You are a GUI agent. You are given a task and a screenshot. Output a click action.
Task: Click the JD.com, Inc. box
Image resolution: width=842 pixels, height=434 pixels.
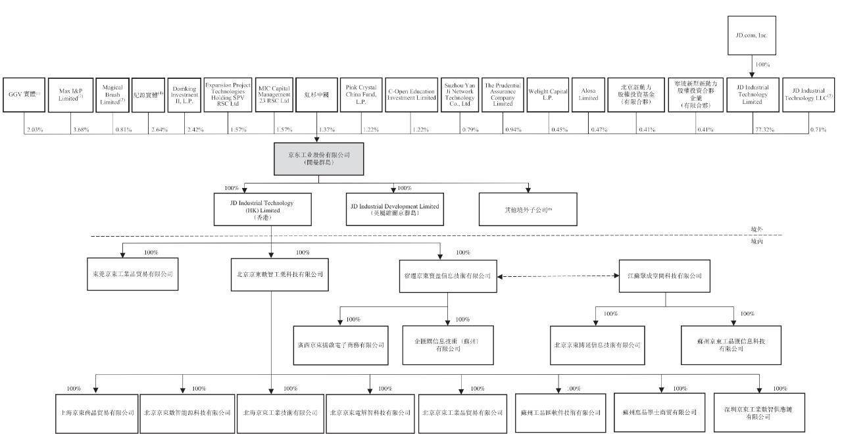click(x=752, y=35)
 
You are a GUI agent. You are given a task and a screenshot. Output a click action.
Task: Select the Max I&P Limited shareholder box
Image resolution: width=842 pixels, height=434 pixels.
click(x=70, y=94)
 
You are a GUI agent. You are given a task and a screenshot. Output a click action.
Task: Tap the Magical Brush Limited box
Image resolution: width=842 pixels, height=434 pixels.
click(x=112, y=94)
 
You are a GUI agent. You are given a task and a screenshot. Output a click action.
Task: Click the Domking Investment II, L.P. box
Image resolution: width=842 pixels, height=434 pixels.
click(x=184, y=94)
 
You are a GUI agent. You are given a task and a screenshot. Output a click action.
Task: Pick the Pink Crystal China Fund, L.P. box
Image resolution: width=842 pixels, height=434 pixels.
click(x=361, y=94)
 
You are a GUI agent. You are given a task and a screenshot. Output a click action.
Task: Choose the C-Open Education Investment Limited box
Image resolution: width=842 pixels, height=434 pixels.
click(x=411, y=94)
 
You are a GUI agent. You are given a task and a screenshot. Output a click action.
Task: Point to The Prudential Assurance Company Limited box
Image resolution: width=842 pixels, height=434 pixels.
click(x=503, y=94)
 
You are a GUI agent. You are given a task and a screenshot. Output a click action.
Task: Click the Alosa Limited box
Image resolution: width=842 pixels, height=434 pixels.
click(x=588, y=94)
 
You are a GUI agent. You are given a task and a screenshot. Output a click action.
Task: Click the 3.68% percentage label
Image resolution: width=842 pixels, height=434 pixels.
click(x=81, y=130)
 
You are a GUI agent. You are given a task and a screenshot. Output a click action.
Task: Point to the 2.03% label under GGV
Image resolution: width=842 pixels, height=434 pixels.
click(x=35, y=130)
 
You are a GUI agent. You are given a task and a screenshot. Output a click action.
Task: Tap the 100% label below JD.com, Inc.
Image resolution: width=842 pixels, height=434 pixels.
click(x=762, y=65)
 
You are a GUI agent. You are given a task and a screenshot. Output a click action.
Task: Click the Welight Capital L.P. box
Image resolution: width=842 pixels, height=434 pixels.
click(x=547, y=94)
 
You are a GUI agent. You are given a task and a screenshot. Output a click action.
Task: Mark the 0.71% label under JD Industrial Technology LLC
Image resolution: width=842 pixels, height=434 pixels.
click(x=818, y=130)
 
